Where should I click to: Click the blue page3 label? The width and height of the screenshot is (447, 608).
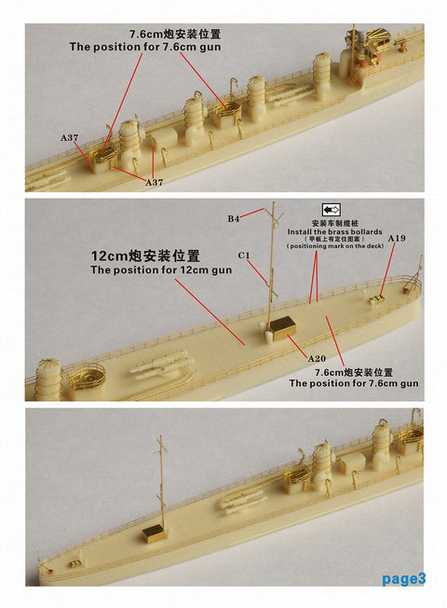403,579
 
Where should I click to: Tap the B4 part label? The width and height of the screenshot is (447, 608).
235,219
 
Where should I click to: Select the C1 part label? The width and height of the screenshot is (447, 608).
244,254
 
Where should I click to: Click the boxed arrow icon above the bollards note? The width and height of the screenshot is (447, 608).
331,210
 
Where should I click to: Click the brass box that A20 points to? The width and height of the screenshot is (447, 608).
282,325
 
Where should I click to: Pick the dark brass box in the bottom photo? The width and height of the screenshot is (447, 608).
154,532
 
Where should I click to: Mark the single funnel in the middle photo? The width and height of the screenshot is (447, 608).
47,380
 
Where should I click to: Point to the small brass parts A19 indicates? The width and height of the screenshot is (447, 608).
377,300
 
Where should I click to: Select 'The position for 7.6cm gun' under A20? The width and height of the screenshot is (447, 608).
354,383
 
